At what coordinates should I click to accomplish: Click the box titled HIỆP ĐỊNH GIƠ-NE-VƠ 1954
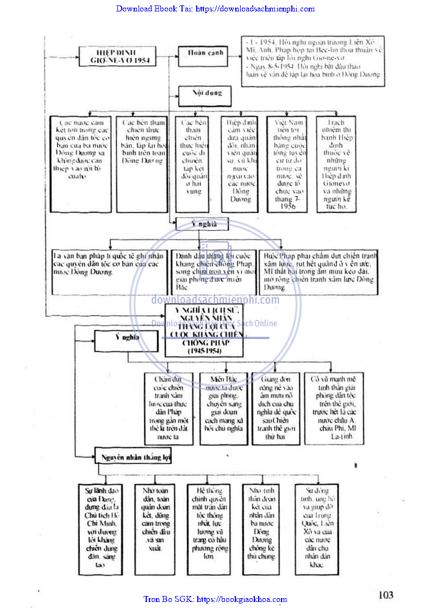[115, 56]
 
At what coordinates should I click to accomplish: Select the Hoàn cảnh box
[198, 53]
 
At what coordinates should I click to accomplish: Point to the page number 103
[385, 595]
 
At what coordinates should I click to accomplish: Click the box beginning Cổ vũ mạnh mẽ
[334, 409]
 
